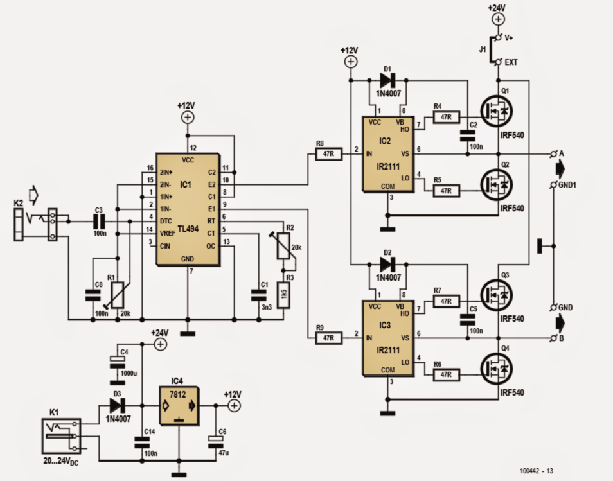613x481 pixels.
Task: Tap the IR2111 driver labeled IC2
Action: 387,154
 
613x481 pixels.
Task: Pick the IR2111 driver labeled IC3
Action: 387,338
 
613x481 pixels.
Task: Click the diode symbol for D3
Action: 117,406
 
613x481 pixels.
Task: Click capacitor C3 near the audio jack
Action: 99,221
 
